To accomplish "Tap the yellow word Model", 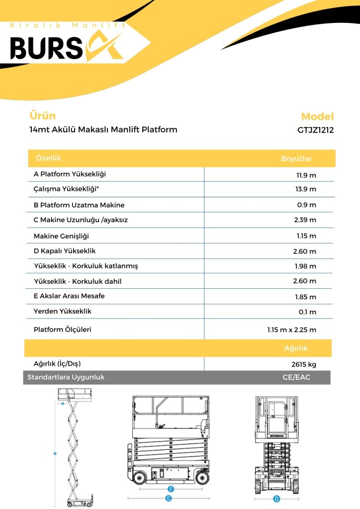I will (317, 117).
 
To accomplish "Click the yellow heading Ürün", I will (43, 116).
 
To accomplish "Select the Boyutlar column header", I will (296, 159).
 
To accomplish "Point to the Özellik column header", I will (48, 158).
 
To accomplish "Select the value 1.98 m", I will (305, 266).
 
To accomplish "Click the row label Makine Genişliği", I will (61, 236).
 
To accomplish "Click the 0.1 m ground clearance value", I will (308, 312).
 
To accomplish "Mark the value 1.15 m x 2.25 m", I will (291, 330).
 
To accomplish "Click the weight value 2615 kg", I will (303, 364).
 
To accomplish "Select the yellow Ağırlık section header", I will (296, 348).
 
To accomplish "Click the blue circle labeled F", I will (170, 489).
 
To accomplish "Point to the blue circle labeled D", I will (276, 499).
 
